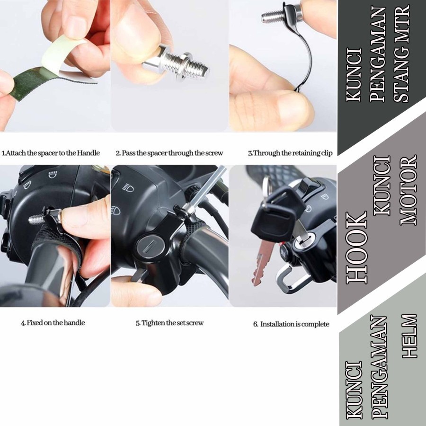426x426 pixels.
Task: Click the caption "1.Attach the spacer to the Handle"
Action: (x=51, y=153)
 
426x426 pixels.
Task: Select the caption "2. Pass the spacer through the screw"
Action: (x=169, y=153)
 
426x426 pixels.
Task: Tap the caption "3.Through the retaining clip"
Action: (x=290, y=153)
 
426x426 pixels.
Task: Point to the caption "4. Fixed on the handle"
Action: (x=53, y=323)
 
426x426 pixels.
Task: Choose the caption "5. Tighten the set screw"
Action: (x=169, y=323)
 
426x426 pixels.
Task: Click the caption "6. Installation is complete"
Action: (x=291, y=324)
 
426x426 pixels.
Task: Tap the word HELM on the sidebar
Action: (x=409, y=336)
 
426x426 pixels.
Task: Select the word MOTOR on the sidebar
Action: (x=408, y=190)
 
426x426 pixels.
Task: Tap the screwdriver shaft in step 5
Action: (x=207, y=187)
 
